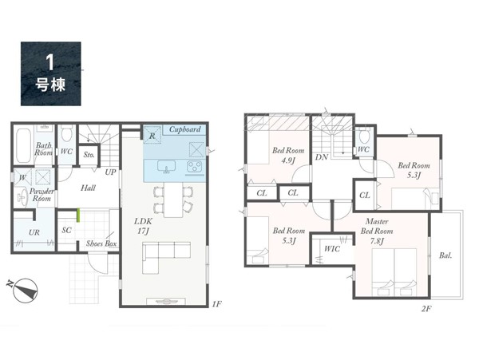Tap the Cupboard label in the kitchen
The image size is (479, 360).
point(185,129)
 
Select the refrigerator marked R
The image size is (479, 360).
point(152,134)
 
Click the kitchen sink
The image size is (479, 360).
point(167,166)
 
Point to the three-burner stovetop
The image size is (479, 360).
point(195,167)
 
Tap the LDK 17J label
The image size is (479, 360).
point(143,226)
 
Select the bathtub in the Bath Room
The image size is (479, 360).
point(23,146)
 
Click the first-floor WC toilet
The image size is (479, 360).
point(65,133)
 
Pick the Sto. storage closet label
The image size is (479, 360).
point(89,155)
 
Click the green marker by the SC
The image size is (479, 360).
point(78,215)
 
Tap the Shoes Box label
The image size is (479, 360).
point(101,243)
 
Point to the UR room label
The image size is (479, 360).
point(34,232)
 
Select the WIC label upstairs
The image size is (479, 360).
point(332,249)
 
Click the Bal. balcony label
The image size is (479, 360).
point(445,255)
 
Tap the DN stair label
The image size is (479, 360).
point(322,157)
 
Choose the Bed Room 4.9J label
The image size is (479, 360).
point(288,155)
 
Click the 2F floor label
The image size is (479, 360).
point(426,309)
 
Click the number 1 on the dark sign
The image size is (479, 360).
point(49,62)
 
